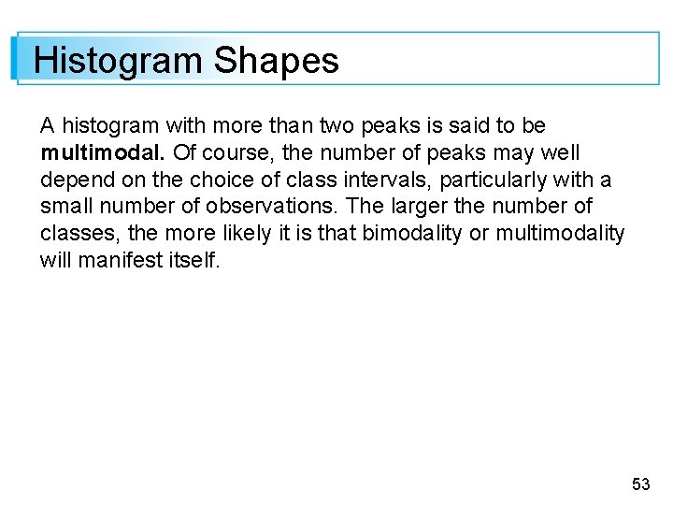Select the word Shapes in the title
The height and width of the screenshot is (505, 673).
coord(276,62)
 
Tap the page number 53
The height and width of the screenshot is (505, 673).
coord(640,483)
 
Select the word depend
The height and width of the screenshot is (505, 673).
coord(74,180)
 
